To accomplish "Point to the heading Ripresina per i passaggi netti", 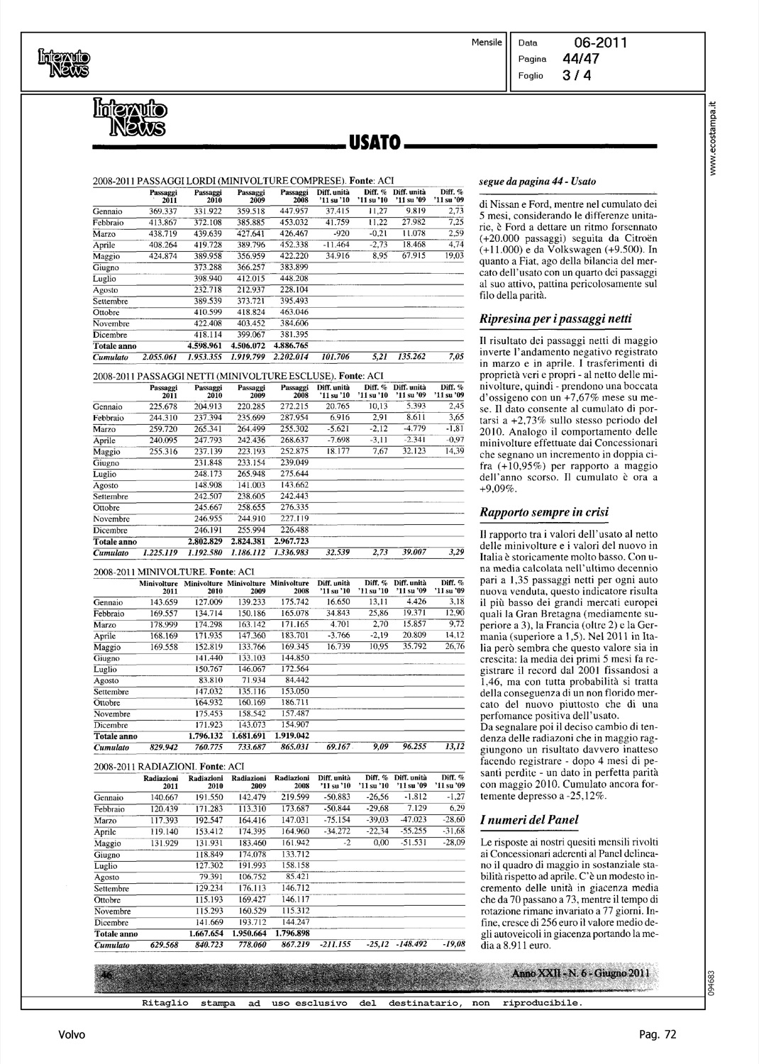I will pyautogui.click(x=555, y=318).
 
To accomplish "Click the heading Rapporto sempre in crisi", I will pyautogui.click(x=544, y=512).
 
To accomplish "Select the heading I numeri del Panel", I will pyautogui.click(x=528, y=820).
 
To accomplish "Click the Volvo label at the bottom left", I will pyautogui.click(x=72, y=1035).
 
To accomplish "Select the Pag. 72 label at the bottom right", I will pyautogui.click(x=658, y=1035).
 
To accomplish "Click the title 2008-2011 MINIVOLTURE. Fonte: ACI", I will pyautogui.click(x=170, y=570).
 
